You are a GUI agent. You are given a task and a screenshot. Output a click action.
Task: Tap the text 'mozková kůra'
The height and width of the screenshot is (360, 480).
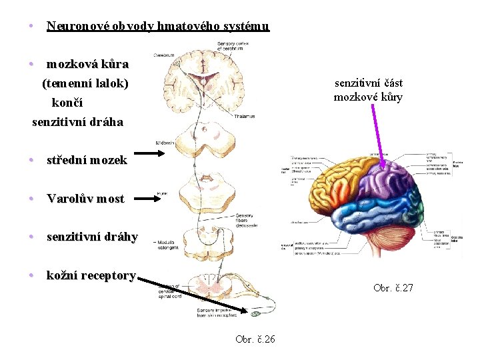(x=87, y=65)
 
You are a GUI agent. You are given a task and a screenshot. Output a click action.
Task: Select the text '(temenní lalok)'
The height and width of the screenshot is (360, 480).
(x=85, y=84)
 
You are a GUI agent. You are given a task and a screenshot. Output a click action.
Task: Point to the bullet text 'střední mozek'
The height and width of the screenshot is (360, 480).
(x=87, y=160)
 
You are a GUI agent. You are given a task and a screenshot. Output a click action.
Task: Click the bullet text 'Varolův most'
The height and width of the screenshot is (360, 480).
(x=85, y=199)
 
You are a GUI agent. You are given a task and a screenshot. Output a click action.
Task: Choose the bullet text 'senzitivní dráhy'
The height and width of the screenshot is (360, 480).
(x=92, y=237)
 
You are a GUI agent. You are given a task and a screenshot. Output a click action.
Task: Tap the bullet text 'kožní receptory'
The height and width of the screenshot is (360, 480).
(x=91, y=275)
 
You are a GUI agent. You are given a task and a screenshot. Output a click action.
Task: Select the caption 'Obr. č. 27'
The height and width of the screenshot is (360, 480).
(x=393, y=288)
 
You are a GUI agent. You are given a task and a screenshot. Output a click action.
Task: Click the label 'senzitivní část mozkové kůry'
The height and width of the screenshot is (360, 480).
(x=369, y=90)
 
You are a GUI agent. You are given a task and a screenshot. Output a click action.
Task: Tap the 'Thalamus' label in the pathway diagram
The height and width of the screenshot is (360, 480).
(x=245, y=117)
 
